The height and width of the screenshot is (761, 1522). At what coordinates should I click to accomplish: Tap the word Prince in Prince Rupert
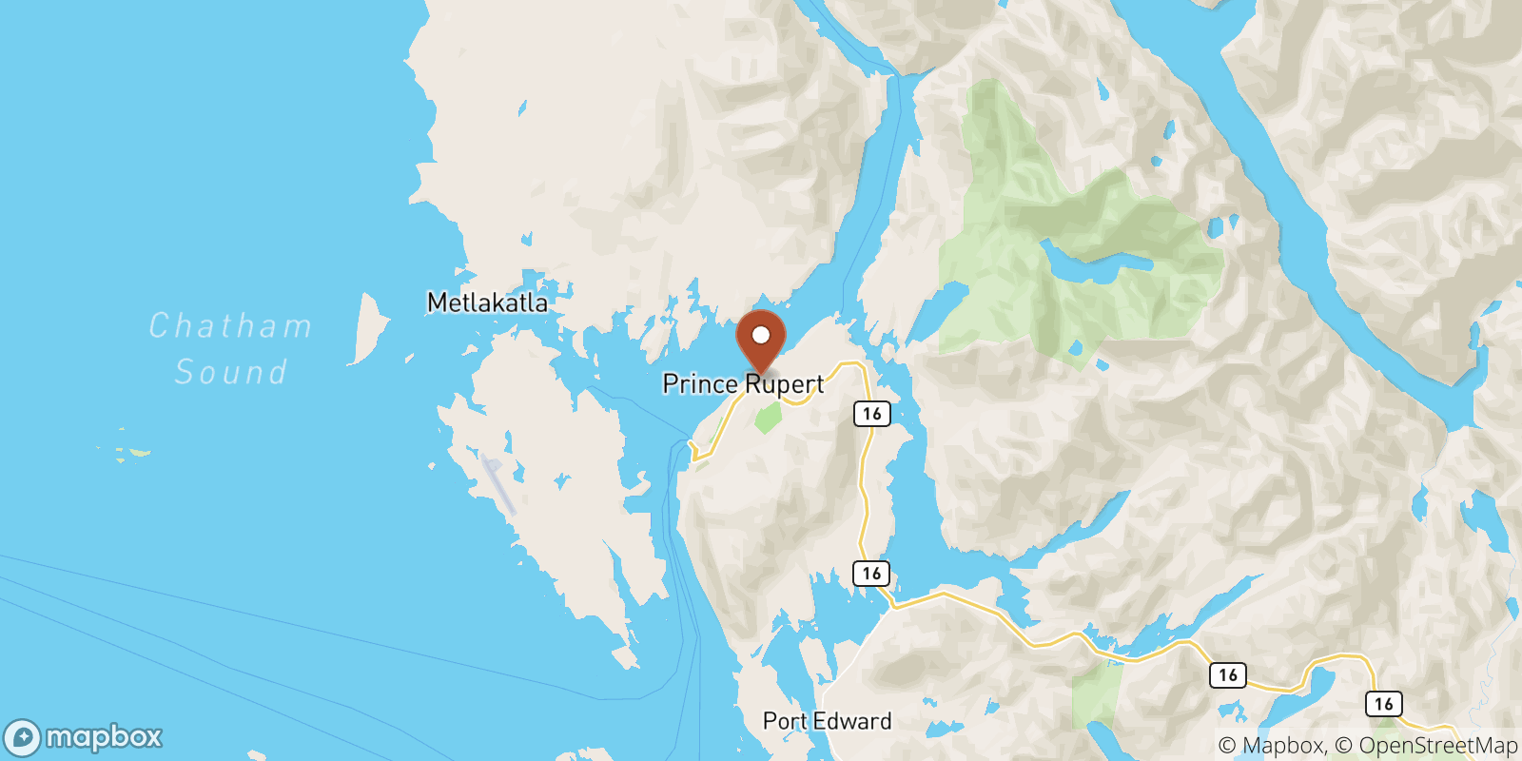[700, 383]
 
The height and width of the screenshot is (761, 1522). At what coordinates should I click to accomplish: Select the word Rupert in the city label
[785, 384]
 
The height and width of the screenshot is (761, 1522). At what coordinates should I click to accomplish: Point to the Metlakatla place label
[487, 302]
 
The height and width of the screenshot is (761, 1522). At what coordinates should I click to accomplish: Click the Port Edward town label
[827, 721]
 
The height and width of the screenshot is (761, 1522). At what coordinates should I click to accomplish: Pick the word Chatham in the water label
[230, 326]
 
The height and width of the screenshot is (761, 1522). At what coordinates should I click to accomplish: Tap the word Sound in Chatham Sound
[230, 372]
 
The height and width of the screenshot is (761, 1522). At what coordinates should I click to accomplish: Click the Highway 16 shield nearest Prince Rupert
[871, 414]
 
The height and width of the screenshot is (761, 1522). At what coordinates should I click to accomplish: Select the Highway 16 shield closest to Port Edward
[871, 574]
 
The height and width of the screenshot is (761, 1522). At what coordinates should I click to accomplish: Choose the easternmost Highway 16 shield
[1383, 704]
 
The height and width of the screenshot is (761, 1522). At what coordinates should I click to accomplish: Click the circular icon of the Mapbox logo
[22, 738]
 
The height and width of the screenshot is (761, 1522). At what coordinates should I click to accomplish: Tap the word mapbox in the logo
[104, 737]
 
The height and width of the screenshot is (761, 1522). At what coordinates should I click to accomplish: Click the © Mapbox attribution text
[1271, 746]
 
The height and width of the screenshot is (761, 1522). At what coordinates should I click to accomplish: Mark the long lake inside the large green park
[1094, 262]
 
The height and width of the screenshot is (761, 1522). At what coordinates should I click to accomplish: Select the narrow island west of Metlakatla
[369, 328]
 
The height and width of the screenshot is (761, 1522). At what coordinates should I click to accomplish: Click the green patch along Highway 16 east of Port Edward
[1096, 694]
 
